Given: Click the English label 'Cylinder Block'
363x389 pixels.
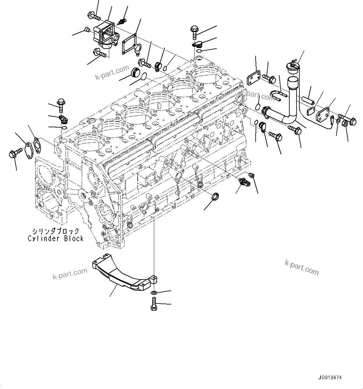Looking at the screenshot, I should tap(56, 238).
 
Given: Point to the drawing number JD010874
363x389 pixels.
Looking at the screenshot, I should tap(330, 377).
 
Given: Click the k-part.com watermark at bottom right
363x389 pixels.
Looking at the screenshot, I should tap(302, 267).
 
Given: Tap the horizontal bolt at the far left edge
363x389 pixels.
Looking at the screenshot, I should tap(15, 153).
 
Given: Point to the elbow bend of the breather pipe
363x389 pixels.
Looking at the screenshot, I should tap(290, 119).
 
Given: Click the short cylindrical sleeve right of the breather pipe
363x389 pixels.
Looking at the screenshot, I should tap(307, 100).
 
